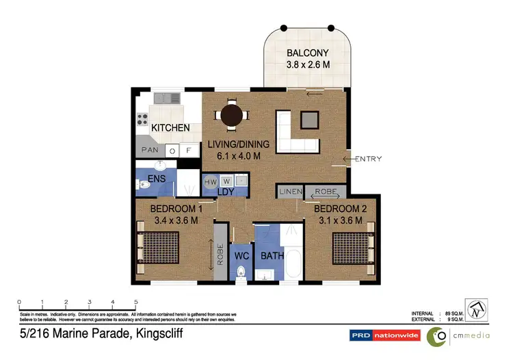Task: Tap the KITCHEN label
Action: [x=170, y=128]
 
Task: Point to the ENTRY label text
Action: [x=367, y=159]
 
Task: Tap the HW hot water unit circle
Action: [x=211, y=181]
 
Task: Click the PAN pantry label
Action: [x=150, y=150]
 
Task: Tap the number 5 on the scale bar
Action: [x=136, y=302]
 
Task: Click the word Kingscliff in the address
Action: [x=155, y=335]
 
